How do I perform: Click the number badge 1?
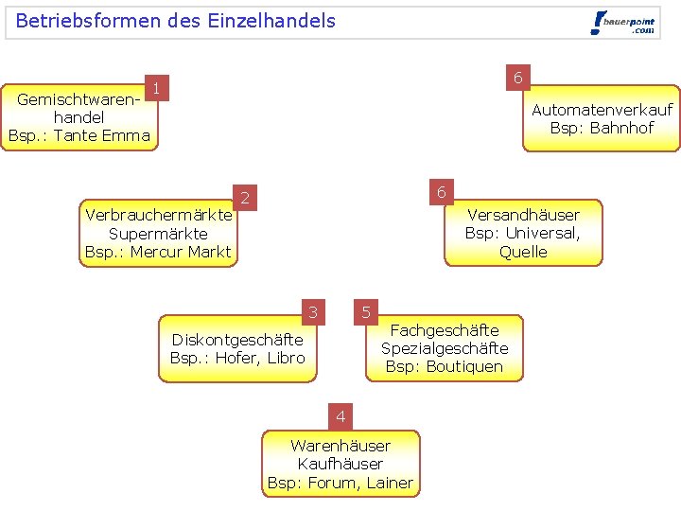(x=156, y=89)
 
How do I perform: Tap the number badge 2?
(x=244, y=198)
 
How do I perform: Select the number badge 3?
(x=312, y=311)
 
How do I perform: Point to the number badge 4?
(x=340, y=416)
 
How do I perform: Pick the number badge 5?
(x=366, y=311)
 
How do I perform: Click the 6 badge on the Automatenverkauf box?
(x=517, y=78)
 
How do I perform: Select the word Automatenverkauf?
(x=602, y=110)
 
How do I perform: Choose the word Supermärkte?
(x=158, y=233)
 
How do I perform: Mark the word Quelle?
(x=523, y=252)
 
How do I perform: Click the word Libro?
(x=286, y=358)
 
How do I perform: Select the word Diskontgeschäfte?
(x=236, y=340)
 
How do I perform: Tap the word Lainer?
(x=390, y=483)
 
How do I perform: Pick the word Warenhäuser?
(x=340, y=446)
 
